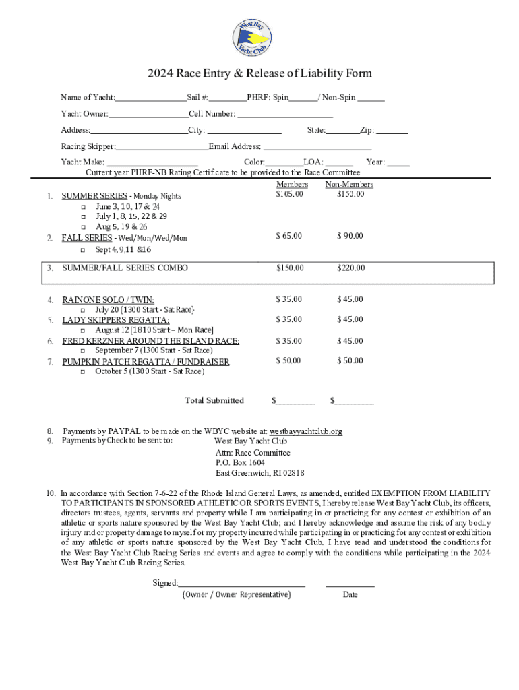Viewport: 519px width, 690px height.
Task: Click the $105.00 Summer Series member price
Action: tap(289, 195)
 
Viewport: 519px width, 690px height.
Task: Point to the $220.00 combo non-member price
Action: tap(350, 268)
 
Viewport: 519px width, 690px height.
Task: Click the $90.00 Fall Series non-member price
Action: tap(350, 236)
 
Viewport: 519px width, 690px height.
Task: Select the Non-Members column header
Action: tap(349, 185)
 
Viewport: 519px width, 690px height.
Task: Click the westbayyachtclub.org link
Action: tap(305, 431)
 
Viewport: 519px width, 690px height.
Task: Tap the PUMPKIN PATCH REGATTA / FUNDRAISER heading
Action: tap(146, 362)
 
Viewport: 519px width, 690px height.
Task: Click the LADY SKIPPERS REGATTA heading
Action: tap(116, 320)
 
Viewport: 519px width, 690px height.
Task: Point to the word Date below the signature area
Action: tap(350, 594)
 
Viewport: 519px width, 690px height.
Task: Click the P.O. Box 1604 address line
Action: tap(240, 463)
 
